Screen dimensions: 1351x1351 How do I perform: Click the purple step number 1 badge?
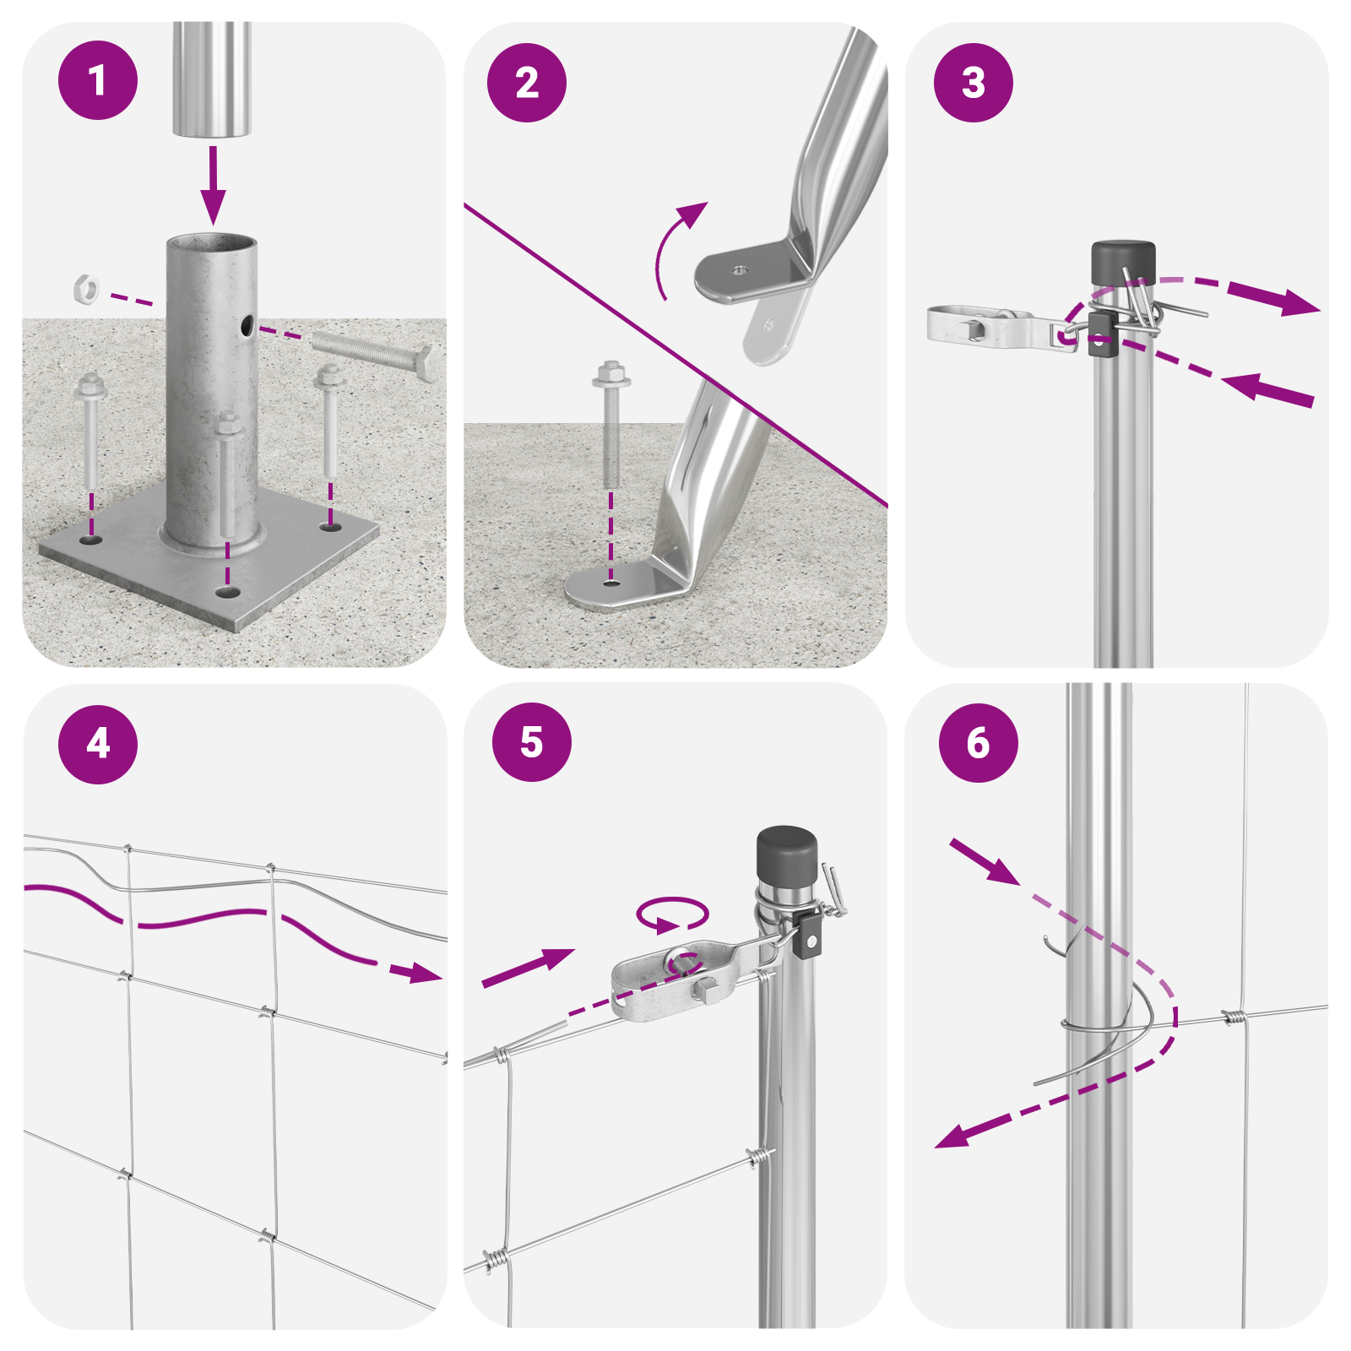[98, 80]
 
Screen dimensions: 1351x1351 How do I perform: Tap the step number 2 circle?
[527, 83]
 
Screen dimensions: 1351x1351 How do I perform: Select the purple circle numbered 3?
[974, 83]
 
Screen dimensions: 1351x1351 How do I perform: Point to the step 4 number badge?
[98, 744]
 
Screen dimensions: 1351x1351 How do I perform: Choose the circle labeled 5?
[532, 741]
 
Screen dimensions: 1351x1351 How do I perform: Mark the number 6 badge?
[979, 743]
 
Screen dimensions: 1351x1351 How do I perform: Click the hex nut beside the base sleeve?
[86, 289]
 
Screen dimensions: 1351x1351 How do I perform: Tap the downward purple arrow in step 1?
[213, 185]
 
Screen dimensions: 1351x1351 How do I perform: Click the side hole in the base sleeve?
[246, 325]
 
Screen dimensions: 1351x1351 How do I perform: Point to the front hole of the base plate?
[225, 592]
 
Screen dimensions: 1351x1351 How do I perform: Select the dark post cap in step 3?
[1123, 263]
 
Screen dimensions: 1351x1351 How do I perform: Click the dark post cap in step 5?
[787, 853]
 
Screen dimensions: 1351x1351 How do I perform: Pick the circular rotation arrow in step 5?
[672, 914]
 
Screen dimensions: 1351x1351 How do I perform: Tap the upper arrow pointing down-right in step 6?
[985, 862]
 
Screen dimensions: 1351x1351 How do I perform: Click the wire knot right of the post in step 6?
[1234, 1017]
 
